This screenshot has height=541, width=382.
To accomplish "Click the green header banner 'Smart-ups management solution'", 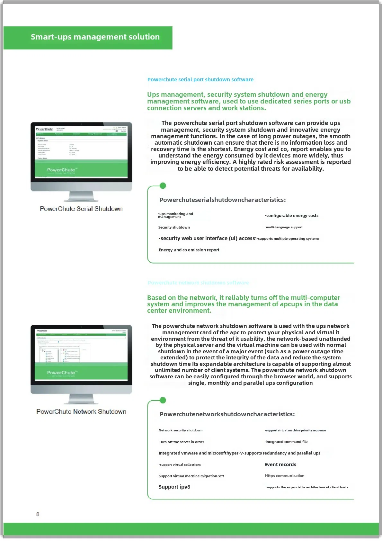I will pos(95,37).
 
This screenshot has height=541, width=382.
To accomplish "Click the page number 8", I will pos(38,514).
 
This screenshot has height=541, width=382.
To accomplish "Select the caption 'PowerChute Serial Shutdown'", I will pos(81,209).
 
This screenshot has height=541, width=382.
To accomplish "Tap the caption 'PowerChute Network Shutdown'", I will pos(81,411).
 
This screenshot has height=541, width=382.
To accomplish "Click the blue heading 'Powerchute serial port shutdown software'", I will pos(200,79).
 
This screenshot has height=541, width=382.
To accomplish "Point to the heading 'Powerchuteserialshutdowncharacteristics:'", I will pos(222,200).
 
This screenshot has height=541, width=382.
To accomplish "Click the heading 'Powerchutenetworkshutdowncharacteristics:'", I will pos(227,414).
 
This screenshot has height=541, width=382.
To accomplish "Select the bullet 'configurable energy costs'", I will pos(292,215).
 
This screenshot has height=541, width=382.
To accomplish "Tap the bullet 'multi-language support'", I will pos(284,227).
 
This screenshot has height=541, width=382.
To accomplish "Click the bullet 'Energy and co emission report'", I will pos(189,250).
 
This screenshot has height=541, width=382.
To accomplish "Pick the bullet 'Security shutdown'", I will pos(174,227).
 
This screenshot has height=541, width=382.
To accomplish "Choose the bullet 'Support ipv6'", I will pos(174,487).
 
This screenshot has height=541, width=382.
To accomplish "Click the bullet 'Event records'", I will pos(280,464).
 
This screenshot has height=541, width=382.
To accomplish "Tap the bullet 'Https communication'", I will pos(284,475).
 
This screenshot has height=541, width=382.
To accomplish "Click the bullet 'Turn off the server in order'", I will pos(181,442).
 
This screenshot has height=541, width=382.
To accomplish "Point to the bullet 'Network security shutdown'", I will pos(180,430).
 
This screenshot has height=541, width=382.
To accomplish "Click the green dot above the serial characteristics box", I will pos(163,185).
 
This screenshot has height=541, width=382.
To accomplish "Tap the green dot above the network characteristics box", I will pos(163,400).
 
